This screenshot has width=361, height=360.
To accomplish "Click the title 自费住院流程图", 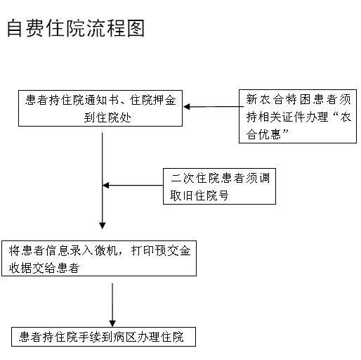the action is [x=76, y=28].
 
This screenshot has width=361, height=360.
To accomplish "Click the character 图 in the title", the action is [x=136, y=28].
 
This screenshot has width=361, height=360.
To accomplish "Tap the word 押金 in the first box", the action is [x=164, y=100].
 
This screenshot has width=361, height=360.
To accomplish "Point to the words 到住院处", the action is [x=107, y=117].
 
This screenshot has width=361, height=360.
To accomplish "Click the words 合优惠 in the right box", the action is [x=263, y=134].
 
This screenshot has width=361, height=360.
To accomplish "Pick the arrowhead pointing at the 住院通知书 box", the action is [x=187, y=107].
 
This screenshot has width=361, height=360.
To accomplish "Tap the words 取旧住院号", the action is [x=199, y=195].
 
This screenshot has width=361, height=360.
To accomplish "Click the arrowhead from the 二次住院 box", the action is [x=106, y=186].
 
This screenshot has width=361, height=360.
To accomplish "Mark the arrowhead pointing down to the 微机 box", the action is [x=103, y=226].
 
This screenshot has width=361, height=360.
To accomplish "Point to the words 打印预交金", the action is [x=161, y=250].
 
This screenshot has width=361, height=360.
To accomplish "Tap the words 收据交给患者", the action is [x=44, y=268].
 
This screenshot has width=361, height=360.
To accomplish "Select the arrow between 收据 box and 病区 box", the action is [x=112, y=305].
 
